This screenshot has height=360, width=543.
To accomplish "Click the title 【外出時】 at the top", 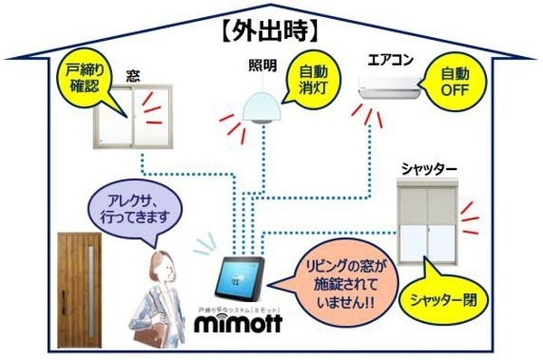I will (x=269, y=30).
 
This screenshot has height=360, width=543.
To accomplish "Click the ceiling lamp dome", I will (x=263, y=104).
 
